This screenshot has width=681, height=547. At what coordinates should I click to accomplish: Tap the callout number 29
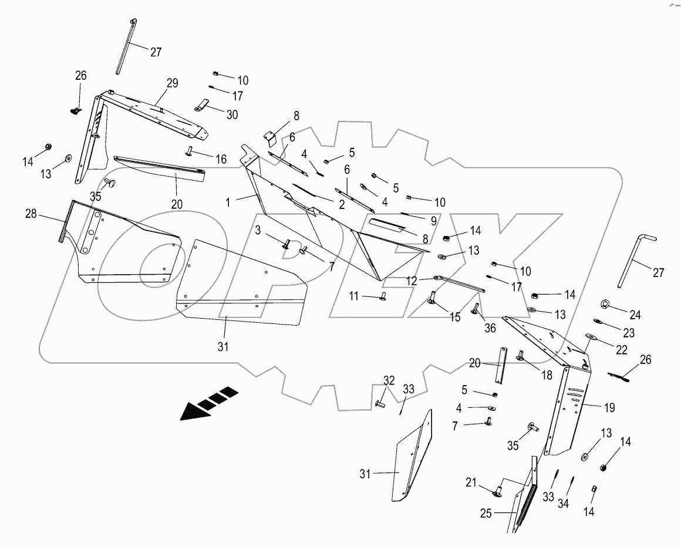[171, 83]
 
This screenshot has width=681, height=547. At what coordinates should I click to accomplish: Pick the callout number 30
[232, 115]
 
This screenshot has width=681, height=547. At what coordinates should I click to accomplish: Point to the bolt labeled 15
[433, 298]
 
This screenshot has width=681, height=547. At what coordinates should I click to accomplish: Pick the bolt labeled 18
[520, 354]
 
